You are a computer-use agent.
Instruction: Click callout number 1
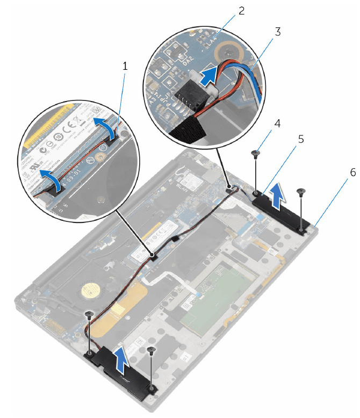tap(125, 67)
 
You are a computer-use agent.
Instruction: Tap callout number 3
tap(278, 31)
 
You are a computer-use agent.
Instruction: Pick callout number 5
tap(301, 139)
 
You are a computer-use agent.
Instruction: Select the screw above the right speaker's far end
tap(300, 192)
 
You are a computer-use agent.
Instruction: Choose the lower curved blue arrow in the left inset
tap(47, 178)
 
